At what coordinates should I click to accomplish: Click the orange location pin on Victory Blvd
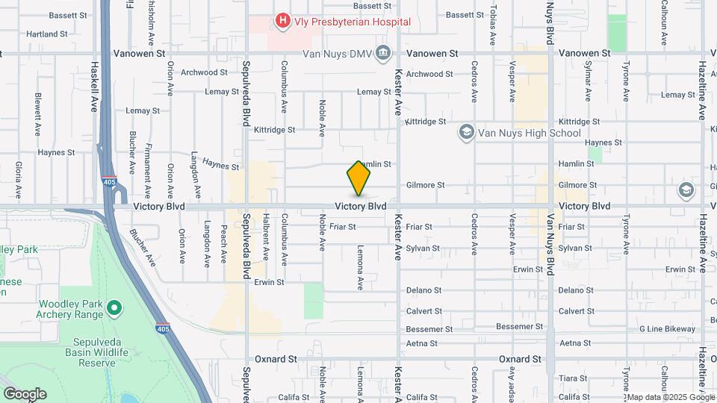tap(358, 178)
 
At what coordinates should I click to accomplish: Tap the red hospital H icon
tap(282, 21)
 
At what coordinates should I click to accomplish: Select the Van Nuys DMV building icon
tap(383, 53)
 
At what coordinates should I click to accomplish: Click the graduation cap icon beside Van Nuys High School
tap(467, 133)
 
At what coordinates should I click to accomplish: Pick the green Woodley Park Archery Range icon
tap(114, 307)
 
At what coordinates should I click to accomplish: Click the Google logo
tap(25, 394)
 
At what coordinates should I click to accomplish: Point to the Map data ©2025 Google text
tap(665, 396)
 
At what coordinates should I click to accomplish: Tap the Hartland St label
tap(46, 34)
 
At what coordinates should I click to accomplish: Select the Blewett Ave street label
tap(37, 114)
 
